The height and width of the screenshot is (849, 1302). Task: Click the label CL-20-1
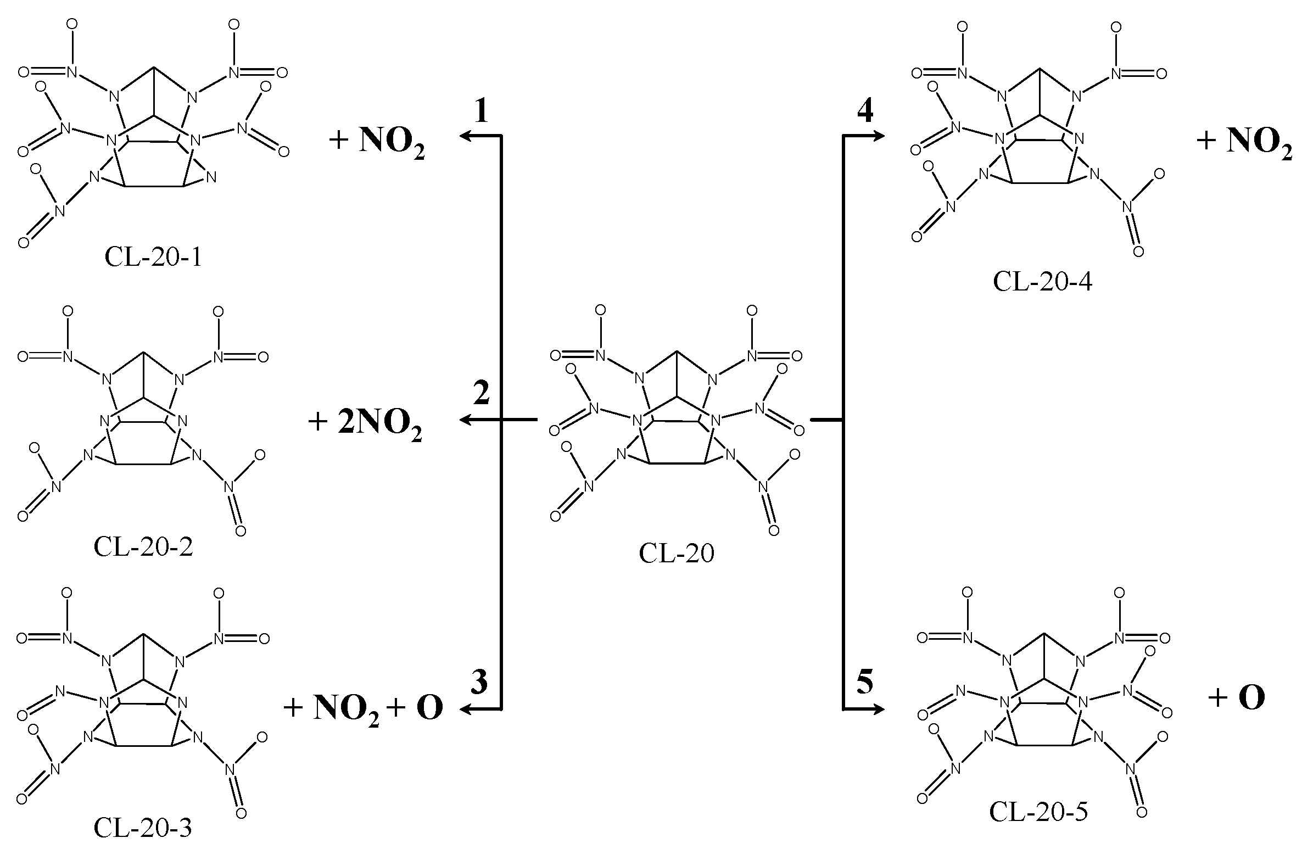click(x=153, y=258)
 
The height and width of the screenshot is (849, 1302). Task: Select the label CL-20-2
click(x=143, y=547)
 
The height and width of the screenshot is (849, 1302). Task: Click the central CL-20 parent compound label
click(x=677, y=554)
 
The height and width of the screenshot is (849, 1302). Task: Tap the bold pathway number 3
click(x=479, y=683)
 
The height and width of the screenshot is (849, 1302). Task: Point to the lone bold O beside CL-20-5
click(x=1251, y=697)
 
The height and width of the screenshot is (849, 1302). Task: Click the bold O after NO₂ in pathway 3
click(x=429, y=708)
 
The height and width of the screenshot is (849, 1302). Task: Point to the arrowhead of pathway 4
click(x=879, y=136)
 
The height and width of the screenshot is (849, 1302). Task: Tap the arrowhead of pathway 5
click(x=879, y=710)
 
